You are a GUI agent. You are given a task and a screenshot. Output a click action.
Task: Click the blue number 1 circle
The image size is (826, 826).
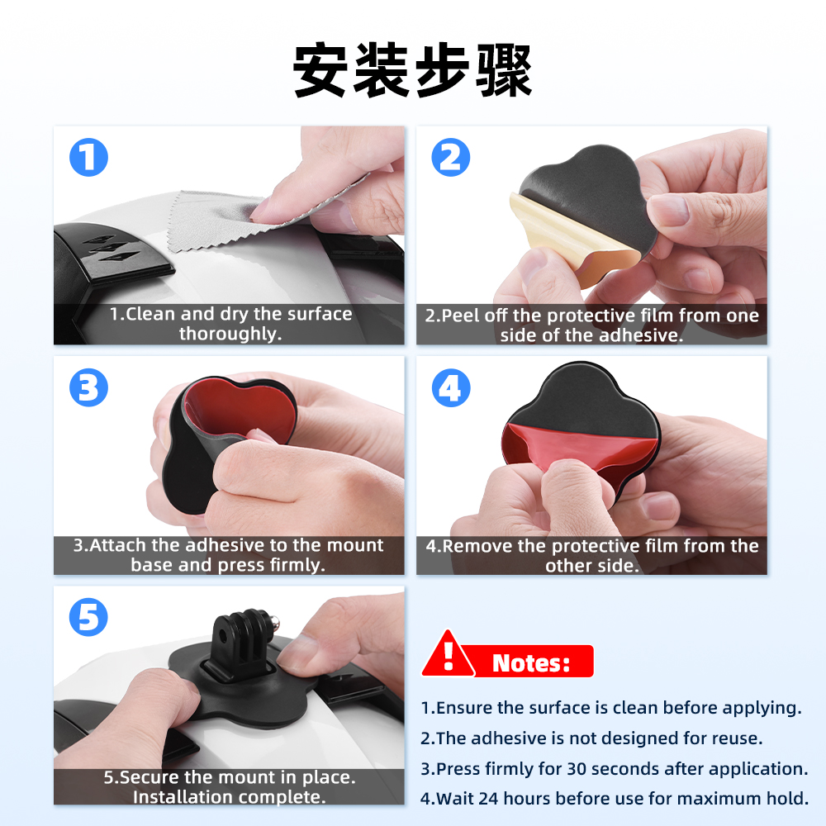[88, 157]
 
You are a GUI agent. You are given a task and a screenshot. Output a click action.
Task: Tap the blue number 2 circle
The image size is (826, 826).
[450, 157]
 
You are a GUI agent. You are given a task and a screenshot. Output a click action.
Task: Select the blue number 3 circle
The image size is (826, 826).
[88, 387]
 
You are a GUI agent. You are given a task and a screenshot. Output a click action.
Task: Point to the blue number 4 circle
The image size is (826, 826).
[450, 387]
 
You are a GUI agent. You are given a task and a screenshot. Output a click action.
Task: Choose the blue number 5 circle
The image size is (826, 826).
[88, 617]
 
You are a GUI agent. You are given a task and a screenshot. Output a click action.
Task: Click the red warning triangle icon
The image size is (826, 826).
[449, 655]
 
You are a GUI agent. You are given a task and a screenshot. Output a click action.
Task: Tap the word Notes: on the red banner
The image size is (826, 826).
[531, 662]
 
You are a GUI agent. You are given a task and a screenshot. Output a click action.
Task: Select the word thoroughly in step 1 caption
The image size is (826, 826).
[230, 334]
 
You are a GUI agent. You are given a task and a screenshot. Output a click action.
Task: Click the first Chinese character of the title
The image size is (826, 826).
[320, 70]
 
